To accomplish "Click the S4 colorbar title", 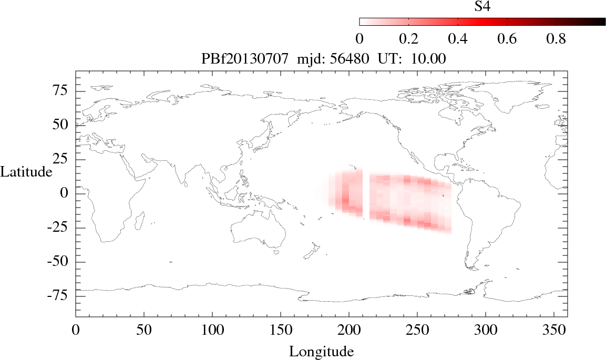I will tap(482, 6).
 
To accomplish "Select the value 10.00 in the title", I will tap(430, 59).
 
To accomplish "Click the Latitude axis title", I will tap(26, 171).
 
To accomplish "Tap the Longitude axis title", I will tap(321, 351).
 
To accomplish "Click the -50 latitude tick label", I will tap(59, 262).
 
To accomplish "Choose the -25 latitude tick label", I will tap(59, 228).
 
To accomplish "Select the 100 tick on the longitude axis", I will tap(212, 331).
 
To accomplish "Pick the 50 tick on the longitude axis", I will tap(143, 331).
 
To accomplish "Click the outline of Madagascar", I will tap(140, 220).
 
